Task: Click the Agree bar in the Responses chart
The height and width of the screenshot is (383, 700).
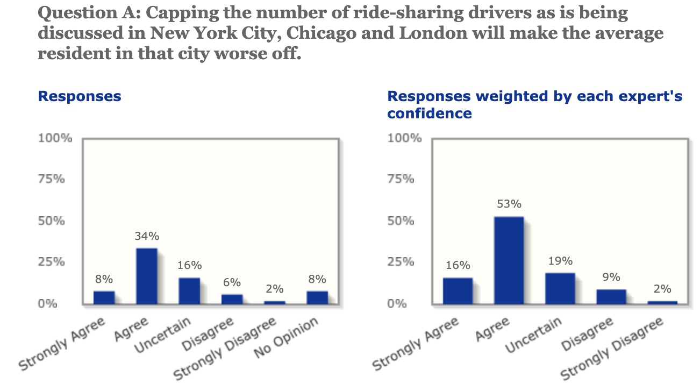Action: pyautogui.click(x=146, y=276)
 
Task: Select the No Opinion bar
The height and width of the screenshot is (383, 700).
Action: pyautogui.click(x=317, y=297)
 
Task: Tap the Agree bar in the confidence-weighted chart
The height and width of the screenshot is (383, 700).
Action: pyautogui.click(x=509, y=260)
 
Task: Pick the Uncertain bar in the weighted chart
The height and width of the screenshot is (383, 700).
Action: pyautogui.click(x=560, y=288)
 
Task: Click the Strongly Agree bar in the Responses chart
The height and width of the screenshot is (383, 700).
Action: pyautogui.click(x=104, y=297)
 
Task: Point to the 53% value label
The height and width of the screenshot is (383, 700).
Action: pyautogui.click(x=509, y=204)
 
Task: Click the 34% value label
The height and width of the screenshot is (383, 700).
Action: pyautogui.click(x=147, y=236)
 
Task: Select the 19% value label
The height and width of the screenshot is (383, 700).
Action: pyautogui.click(x=560, y=261)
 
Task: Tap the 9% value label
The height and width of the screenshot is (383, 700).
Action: pyautogui.click(x=611, y=278)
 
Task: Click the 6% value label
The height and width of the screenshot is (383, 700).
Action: pyautogui.click(x=232, y=282)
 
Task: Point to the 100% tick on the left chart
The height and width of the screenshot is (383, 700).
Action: pyautogui.click(x=55, y=138)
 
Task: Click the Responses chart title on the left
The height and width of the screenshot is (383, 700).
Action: pyautogui.click(x=80, y=96)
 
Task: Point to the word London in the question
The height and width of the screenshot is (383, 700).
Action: pyautogui.click(x=444, y=33)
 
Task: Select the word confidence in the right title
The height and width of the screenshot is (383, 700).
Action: pyautogui.click(x=430, y=114)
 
